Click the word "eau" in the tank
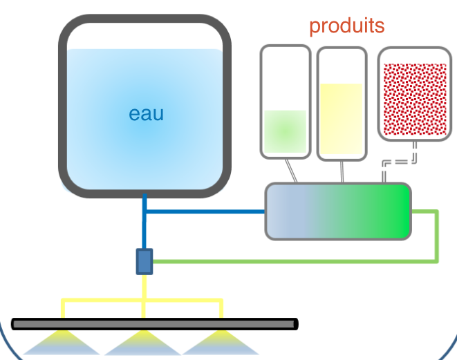tap(147, 114)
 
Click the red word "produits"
tap(347, 26)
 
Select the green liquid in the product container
tap(285, 131)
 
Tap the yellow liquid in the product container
tap(342, 119)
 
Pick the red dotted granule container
tap(415, 94)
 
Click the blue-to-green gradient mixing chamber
tap(338, 211)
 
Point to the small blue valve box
tap(144, 262)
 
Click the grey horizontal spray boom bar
tap(155, 324)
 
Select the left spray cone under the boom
tap(62, 343)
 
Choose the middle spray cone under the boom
tap(143, 343)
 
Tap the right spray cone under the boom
tap(221, 343)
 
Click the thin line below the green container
tap(291, 171)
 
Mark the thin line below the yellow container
tap(342, 172)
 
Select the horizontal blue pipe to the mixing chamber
tap(205, 211)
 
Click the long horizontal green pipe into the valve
tap(295, 262)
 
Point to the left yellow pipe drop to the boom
tap(63, 309)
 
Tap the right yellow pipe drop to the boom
tap(221, 309)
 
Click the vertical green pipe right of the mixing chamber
tap(436, 236)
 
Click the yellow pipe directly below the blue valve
tap(144, 287)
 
